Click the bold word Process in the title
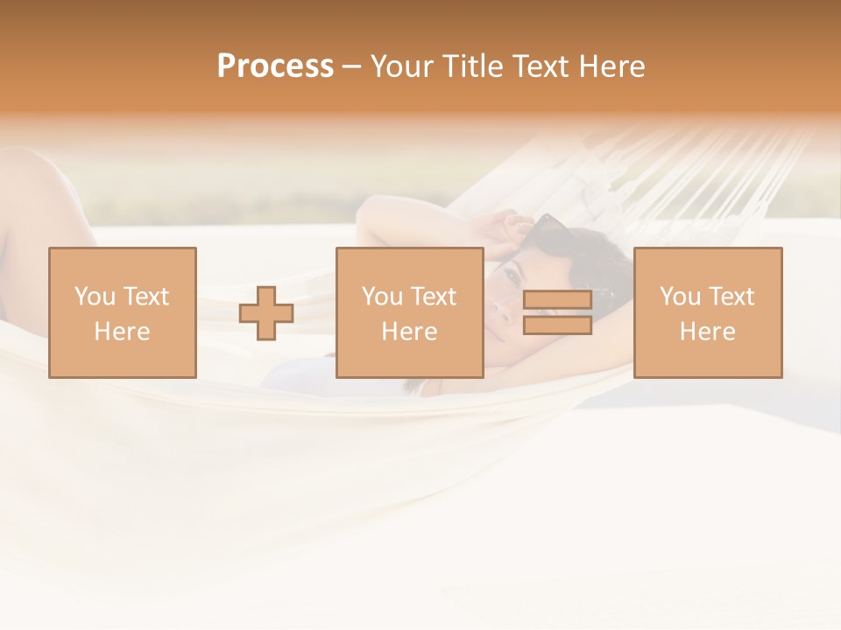tap(275, 66)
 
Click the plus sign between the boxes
tap(266, 313)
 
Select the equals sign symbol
tap(557, 313)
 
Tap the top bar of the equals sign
tap(557, 300)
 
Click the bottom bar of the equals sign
tap(557, 325)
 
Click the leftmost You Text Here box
tap(122, 312)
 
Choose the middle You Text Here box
tap(409, 312)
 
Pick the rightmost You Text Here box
tap(708, 312)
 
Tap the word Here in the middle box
tap(409, 332)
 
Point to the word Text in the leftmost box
tap(147, 297)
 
